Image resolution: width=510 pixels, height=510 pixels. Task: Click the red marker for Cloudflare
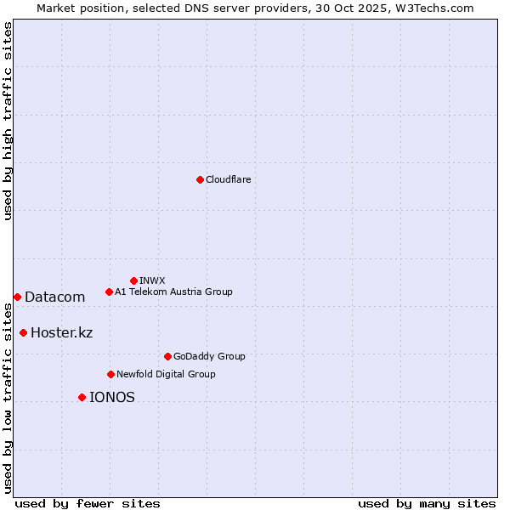coord(200,179)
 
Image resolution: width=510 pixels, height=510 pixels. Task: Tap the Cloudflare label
coord(228,179)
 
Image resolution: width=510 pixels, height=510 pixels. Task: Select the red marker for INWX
coord(133,280)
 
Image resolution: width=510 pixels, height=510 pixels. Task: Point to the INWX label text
coord(152,280)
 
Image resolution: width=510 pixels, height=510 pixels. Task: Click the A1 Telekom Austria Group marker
coord(109,292)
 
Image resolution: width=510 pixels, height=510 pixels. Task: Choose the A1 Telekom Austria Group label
coord(173,292)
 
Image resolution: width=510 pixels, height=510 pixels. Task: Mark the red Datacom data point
coord(17,297)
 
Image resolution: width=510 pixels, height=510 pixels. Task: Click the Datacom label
coord(54,297)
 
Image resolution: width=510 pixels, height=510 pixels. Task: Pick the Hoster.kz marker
coord(23,332)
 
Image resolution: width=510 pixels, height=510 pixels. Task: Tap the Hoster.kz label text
coord(61,332)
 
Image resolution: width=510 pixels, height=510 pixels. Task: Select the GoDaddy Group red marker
coord(167,356)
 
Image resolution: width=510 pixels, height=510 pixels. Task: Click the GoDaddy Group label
coord(209,356)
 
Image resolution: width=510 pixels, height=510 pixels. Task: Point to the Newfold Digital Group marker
coord(110,374)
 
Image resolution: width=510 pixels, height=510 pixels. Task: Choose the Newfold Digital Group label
coord(166,374)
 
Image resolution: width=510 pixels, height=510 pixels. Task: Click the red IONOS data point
coord(82,397)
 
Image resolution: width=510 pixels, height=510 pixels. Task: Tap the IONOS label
coord(111,397)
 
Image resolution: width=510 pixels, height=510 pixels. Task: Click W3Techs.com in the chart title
coord(433,8)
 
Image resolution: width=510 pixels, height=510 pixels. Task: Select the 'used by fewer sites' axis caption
coord(88,503)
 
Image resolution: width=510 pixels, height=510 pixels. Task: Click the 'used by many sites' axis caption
coord(426,503)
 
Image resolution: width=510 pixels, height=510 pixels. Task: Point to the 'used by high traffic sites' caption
coord(8,121)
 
